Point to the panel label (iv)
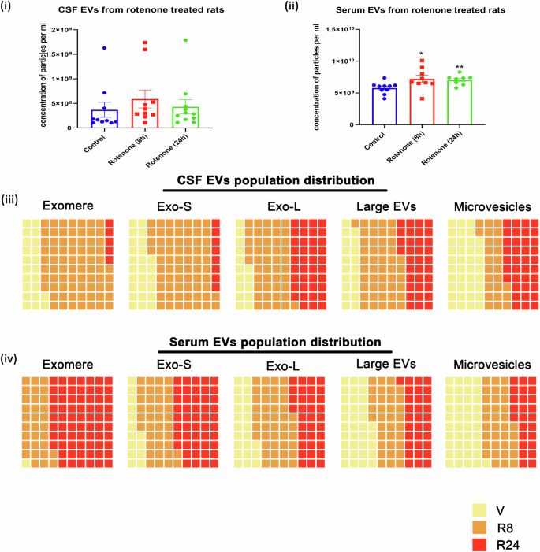[x=10, y=360]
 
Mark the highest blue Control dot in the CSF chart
[x=104, y=48]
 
